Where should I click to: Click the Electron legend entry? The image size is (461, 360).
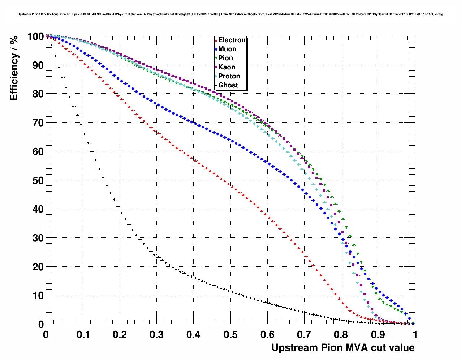click(x=232, y=40)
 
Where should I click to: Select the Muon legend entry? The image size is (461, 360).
click(x=227, y=49)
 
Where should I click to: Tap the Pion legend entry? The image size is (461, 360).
click(x=225, y=58)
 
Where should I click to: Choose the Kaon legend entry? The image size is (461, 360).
click(x=227, y=67)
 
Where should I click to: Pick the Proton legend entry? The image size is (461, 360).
click(x=229, y=76)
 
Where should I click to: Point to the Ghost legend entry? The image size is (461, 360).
click(x=228, y=85)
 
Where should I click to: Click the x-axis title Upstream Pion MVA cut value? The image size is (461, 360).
click(x=343, y=348)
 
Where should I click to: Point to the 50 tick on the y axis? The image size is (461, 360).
click(x=36, y=180)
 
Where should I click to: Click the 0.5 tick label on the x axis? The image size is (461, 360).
click(x=231, y=335)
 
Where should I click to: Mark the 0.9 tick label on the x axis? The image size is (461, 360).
click(x=378, y=335)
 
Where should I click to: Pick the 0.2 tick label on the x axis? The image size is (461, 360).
click(x=120, y=335)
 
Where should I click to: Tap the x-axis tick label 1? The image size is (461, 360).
click(x=415, y=335)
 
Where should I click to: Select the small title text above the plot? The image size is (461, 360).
click(x=230, y=14)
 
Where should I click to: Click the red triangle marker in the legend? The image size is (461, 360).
click(x=216, y=40)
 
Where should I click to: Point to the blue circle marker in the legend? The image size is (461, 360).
click(x=216, y=50)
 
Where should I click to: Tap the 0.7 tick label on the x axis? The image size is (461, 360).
click(x=304, y=335)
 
